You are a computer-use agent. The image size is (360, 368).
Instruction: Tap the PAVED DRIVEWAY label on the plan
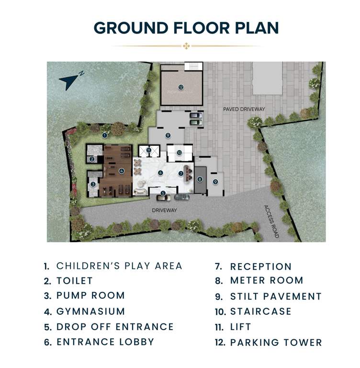point(244,109)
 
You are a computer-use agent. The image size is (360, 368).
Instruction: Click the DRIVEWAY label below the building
point(165,210)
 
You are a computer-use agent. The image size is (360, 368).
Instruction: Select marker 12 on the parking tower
point(180,87)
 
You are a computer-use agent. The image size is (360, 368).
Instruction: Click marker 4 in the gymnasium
point(122,171)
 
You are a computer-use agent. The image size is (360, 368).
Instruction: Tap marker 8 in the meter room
point(200,180)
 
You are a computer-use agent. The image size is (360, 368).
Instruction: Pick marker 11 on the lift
point(149,151)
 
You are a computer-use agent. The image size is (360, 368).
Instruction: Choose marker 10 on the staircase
point(179,153)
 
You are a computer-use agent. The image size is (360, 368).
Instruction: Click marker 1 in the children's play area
point(104,135)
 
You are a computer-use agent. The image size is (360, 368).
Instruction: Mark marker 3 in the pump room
point(93,184)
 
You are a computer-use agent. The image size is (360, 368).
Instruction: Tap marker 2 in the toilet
point(91,159)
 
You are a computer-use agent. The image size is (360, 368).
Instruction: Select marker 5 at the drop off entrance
point(163,193)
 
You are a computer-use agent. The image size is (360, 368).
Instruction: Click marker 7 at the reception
point(180,173)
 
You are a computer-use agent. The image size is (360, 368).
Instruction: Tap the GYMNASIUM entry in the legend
point(90,311)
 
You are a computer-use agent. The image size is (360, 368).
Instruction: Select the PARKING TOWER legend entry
point(276,343)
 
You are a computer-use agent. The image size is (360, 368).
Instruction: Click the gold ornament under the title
point(187,46)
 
